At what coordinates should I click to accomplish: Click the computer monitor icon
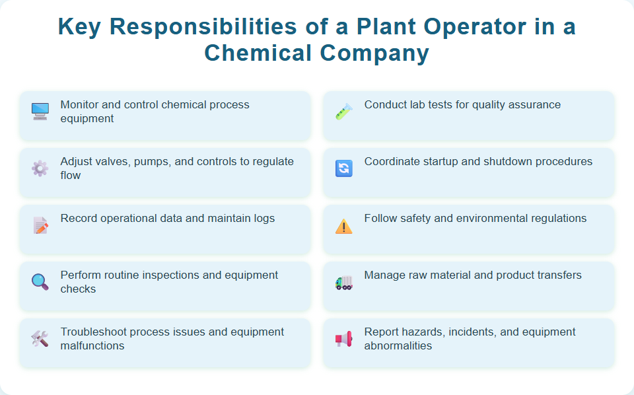pos(40,111)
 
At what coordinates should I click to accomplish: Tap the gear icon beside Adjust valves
pos(40,168)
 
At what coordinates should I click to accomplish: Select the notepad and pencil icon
pos(40,225)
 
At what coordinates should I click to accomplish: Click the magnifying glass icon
pos(40,282)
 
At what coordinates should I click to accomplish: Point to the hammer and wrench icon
pos(40,339)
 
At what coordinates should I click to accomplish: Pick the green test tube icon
pos(344,111)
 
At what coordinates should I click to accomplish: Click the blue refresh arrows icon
pos(344,168)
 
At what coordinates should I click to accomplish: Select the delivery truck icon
pos(344,283)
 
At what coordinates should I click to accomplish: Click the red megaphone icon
pos(344,340)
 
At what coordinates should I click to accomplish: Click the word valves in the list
pos(115,161)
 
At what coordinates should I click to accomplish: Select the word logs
pos(263,218)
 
